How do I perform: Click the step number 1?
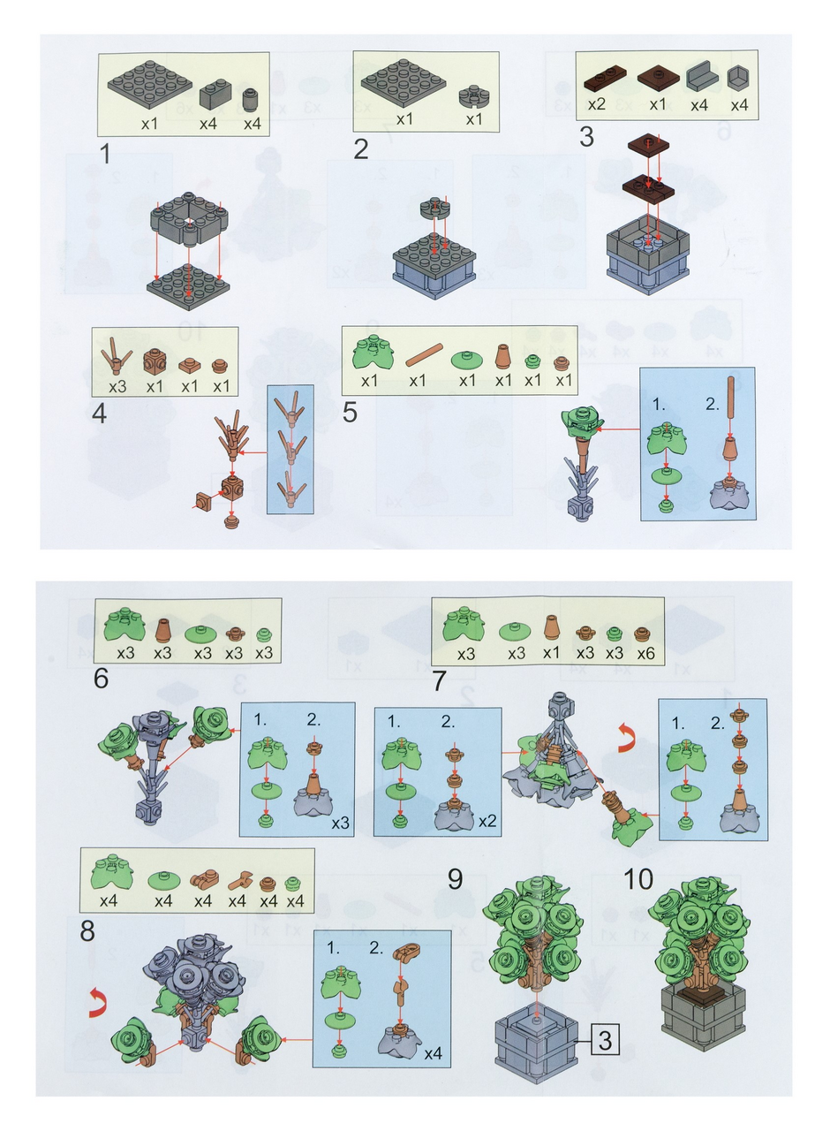(104, 154)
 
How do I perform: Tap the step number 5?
(350, 412)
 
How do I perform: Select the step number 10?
(638, 879)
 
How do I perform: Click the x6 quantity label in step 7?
(645, 653)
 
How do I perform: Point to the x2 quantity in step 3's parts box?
(596, 105)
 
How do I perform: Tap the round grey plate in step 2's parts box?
(472, 96)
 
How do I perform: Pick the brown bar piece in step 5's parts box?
(425, 355)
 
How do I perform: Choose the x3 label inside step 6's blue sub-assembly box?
(340, 823)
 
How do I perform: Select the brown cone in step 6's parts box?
(163, 630)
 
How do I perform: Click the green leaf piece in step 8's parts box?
(111, 871)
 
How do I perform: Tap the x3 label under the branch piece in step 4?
(117, 387)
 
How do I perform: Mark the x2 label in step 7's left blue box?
(487, 821)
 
